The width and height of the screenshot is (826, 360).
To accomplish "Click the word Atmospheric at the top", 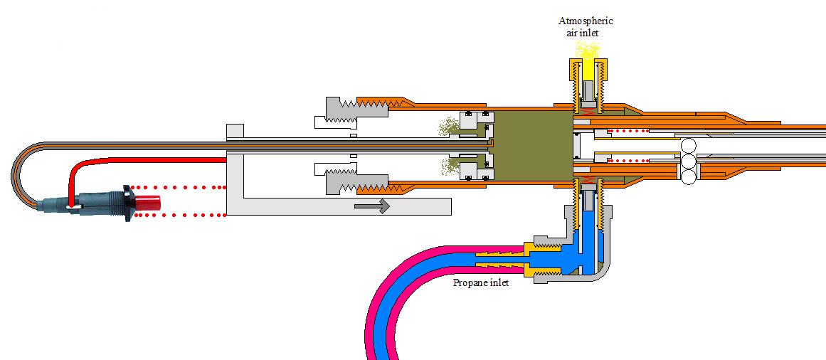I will pos(586,21).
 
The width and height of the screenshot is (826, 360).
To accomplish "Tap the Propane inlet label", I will pos(481,282).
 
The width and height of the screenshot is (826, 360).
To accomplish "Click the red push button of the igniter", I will pos(147,202).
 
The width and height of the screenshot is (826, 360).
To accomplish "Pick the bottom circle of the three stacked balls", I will pos(689,178).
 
